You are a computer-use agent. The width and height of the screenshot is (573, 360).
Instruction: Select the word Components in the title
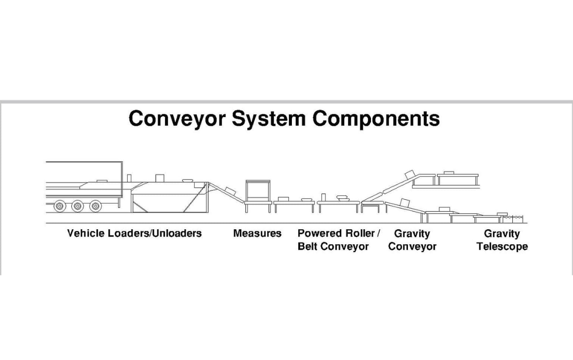coord(376,119)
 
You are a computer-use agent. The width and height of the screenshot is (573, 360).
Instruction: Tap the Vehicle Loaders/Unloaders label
coord(135,234)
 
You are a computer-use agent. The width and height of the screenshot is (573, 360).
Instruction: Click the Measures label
coord(257,234)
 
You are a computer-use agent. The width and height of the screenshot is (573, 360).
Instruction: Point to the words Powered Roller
coord(336,234)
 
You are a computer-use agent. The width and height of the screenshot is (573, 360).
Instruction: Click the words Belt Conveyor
coord(333,247)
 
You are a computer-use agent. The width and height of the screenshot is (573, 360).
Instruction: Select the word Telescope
coord(502,247)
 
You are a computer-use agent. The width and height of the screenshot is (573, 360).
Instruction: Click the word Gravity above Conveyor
coord(412,234)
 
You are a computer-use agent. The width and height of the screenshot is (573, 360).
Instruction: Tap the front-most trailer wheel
coord(96,206)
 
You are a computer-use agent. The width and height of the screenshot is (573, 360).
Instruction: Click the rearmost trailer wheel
coord(59,206)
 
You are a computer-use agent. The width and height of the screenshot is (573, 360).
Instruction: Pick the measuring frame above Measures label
coord(258,191)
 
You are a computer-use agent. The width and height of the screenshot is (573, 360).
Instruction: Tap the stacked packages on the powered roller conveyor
coord(342,197)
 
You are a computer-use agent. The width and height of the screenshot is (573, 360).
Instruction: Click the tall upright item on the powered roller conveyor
coord(323,197)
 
